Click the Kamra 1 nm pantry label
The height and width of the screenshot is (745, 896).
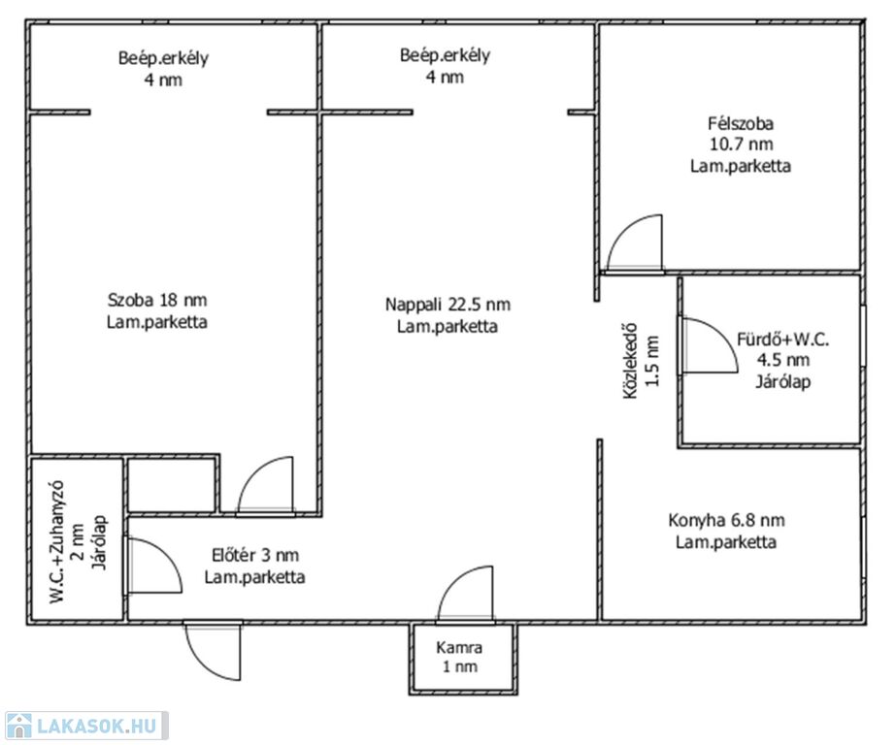(x=459, y=657)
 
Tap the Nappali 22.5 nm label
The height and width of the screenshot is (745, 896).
(x=448, y=305)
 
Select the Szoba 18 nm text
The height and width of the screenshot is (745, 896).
(x=157, y=300)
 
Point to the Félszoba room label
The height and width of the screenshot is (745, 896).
(x=741, y=123)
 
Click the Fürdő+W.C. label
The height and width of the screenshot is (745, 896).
(x=782, y=340)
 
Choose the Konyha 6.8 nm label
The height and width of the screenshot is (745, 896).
(x=726, y=520)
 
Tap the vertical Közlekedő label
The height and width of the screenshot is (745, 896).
(x=630, y=361)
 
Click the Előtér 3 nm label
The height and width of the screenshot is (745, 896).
(x=255, y=555)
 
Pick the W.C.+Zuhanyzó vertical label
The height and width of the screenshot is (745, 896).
(x=57, y=541)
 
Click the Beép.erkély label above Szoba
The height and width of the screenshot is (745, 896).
(x=163, y=57)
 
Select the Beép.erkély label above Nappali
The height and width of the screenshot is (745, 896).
(x=445, y=54)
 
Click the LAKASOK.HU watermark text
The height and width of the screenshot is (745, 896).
(x=96, y=726)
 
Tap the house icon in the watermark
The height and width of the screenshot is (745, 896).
(x=18, y=726)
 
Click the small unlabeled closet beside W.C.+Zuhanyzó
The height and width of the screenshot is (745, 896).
(x=172, y=485)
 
